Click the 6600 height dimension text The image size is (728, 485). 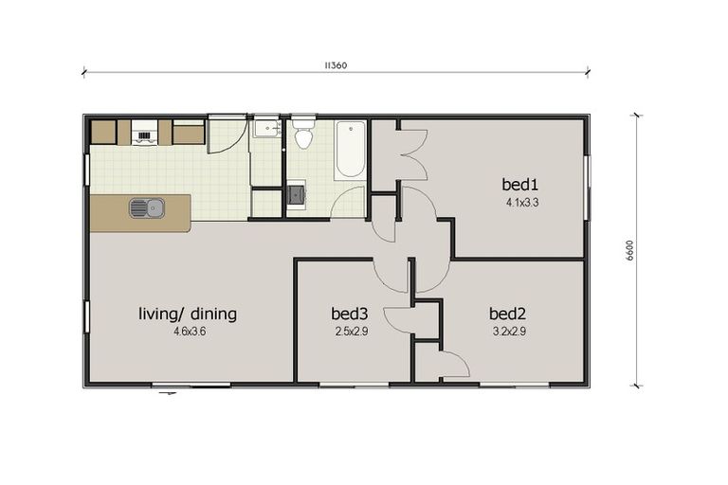coord(629,251)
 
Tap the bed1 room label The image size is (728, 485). coord(521,184)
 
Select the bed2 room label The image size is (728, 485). coord(508,314)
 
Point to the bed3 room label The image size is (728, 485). coord(349,314)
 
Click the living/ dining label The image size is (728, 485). coord(188,314)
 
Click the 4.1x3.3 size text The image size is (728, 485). coord(522,202)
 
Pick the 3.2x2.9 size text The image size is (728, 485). coord(508,332)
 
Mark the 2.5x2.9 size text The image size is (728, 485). coord(350,332)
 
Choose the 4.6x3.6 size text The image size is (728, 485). coord(188,332)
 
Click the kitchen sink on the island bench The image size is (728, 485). coord(146,208)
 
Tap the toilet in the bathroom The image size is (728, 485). coord(303,135)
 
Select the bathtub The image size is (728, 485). coord(350,149)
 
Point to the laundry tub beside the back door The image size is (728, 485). coord(265,130)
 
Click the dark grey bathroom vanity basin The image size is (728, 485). coord(297,196)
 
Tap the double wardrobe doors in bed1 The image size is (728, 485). coord(413,154)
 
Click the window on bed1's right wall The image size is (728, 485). coord(586,180)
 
